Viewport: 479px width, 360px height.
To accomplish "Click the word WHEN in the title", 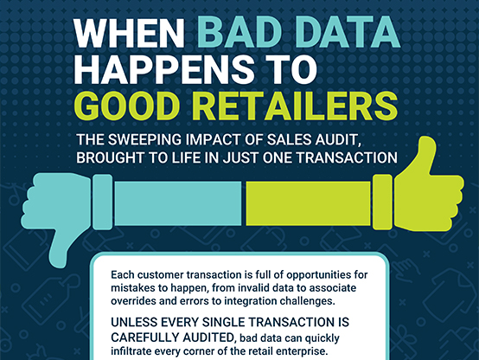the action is pos(130,33).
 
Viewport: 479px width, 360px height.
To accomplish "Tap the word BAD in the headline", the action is pos(239,33).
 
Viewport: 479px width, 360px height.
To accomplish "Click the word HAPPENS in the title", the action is pos(164,69).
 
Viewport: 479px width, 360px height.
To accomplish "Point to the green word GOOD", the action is pos(127,106).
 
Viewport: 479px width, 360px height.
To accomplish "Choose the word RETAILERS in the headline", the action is pos(295,106).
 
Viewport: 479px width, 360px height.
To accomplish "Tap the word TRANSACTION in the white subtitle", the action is pos(347,157).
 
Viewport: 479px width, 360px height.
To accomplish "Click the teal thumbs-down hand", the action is pos(56,208).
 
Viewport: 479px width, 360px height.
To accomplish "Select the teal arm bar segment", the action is pos(178,203).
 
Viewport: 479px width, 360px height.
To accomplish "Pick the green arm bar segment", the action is pos(308,203).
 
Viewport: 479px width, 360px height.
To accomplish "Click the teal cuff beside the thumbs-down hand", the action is pos(103,202).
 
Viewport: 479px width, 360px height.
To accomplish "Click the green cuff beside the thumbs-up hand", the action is pos(382,202).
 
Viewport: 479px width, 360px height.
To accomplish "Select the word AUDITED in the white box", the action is pos(208,337).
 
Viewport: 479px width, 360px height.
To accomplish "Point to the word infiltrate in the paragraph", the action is pos(131,350).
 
